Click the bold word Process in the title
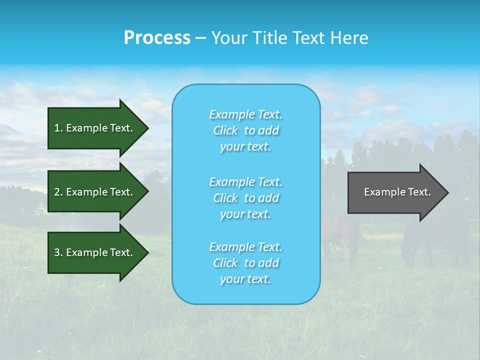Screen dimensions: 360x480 point(157,38)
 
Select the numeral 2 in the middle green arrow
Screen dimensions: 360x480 point(57,192)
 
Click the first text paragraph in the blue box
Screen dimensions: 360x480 point(245,130)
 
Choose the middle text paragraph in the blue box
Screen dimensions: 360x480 point(245,198)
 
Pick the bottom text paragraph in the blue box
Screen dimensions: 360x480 point(245,263)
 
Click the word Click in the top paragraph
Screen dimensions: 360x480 point(225,130)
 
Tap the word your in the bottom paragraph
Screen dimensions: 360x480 point(230,279)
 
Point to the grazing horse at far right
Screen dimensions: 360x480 point(435,240)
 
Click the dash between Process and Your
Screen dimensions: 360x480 point(200,38)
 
